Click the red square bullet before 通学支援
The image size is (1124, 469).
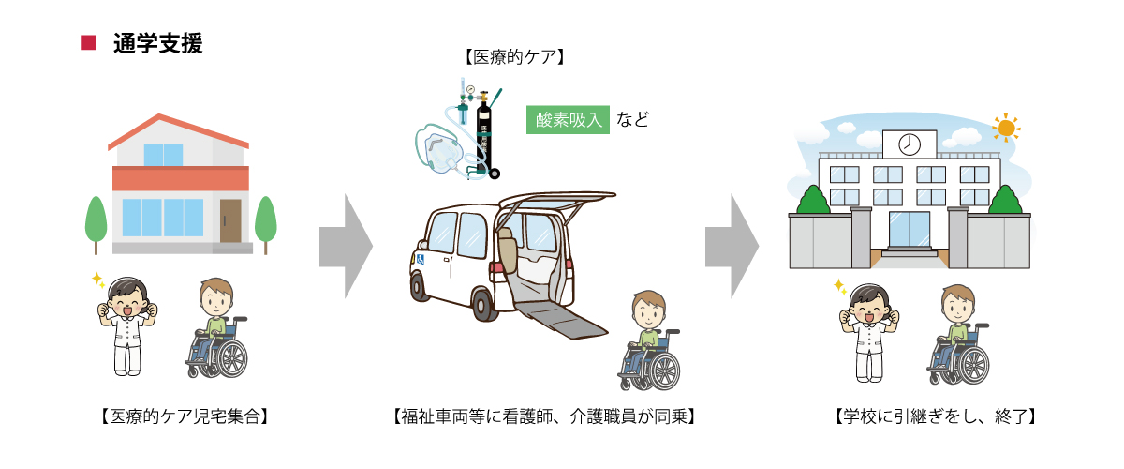(90, 42)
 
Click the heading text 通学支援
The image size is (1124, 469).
(156, 43)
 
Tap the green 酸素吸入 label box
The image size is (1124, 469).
(569, 120)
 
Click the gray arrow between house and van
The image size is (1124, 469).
(346, 246)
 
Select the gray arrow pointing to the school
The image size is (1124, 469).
(732, 246)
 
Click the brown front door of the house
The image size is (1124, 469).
(230, 220)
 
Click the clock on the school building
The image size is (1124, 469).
(909, 144)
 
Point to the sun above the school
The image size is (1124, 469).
(1006, 127)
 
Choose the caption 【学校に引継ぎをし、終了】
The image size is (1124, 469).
(934, 416)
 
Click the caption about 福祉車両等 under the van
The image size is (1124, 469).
(543, 416)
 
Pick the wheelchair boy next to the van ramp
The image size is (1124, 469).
(648, 342)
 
